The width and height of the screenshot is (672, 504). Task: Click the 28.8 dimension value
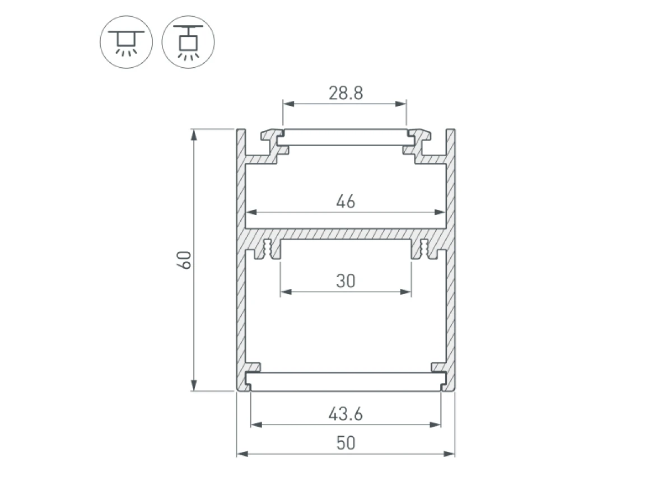click(x=346, y=93)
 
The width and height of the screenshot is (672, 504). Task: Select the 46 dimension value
click(x=346, y=202)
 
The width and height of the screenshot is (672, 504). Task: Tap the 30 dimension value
click(x=346, y=281)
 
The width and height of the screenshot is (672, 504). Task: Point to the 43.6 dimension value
click(x=346, y=414)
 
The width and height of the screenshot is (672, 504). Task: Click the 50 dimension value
click(x=346, y=443)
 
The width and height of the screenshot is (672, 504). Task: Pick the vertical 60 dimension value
click(x=185, y=260)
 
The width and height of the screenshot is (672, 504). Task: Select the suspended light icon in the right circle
click(x=188, y=42)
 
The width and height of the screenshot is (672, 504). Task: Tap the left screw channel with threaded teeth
click(x=267, y=249)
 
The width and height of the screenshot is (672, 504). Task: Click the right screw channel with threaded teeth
click(x=424, y=249)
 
